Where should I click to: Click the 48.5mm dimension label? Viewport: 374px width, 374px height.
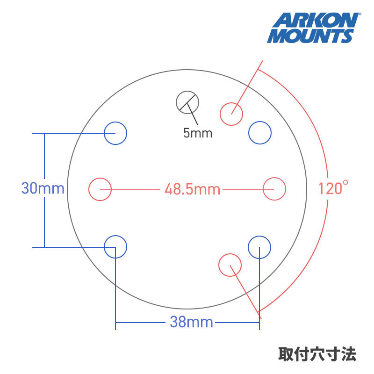tap(192, 189)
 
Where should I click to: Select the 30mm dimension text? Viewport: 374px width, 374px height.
tap(43, 189)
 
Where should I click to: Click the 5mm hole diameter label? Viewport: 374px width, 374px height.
tap(197, 133)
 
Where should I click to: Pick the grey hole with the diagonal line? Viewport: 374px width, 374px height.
tap(187, 102)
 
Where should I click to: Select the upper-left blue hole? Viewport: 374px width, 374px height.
tap(115, 133)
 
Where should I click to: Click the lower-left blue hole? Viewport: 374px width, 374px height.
tap(115, 246)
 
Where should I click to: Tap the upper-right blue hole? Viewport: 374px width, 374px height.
tap(259, 133)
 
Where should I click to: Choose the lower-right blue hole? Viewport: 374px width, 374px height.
tap(259, 246)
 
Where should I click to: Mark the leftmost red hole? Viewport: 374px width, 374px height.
tap(100, 189)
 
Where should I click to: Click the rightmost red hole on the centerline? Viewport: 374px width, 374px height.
tap(274, 189)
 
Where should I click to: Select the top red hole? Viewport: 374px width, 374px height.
tap(231, 113)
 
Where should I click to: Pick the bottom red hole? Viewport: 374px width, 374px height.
tap(230, 265)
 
